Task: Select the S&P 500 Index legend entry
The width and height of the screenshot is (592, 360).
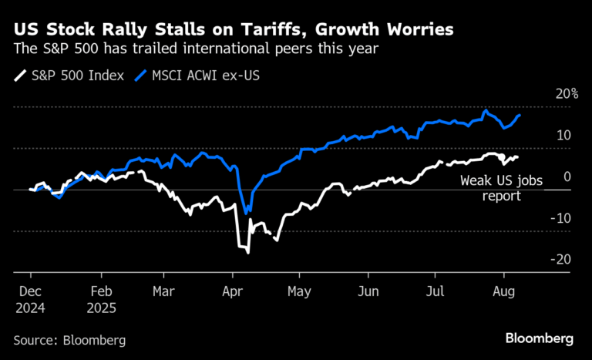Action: pos(70,76)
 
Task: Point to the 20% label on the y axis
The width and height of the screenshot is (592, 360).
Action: pos(566,94)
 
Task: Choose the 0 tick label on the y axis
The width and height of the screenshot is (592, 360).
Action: pos(567,177)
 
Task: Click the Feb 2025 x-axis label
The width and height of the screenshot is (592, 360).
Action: pos(104,299)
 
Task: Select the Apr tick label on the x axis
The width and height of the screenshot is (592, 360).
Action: pos(232,292)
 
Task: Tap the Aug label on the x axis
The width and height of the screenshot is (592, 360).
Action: pos(503,292)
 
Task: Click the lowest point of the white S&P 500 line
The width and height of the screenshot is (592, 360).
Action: pos(247,251)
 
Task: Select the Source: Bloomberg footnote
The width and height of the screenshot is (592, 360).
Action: pos(69,339)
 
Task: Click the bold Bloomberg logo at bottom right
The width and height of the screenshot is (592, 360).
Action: pos(539,338)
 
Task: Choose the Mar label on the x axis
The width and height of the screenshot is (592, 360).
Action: pos(163,292)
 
